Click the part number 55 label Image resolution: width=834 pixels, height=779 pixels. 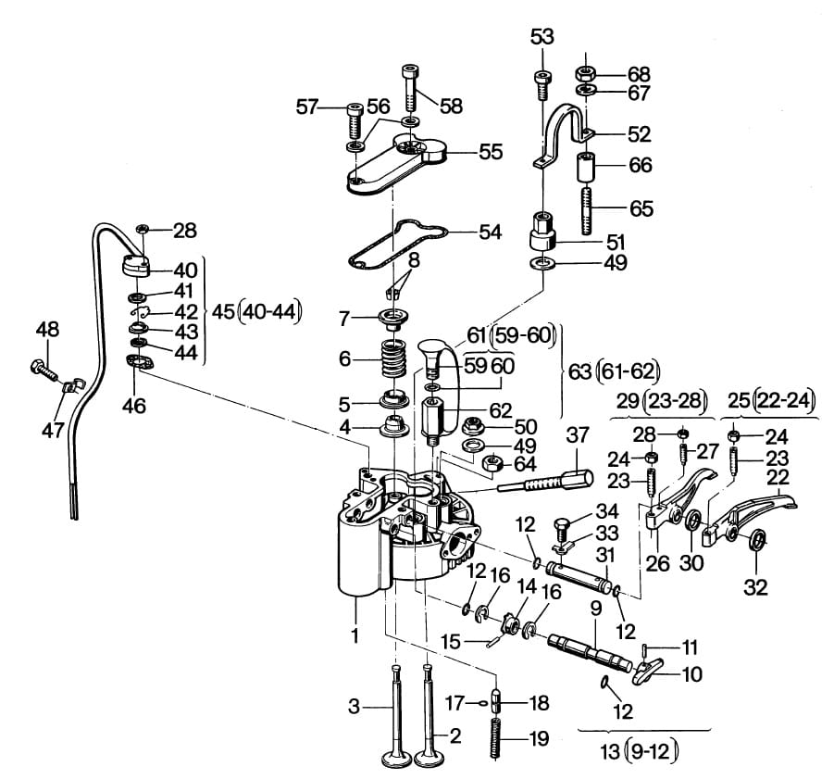tap(491, 152)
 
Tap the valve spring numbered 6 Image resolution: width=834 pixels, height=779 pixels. tap(394, 359)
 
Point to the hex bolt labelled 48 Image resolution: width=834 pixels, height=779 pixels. tap(44, 371)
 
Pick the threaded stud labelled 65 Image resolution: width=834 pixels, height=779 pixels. tap(587, 209)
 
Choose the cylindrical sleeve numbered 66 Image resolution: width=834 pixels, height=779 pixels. tap(587, 167)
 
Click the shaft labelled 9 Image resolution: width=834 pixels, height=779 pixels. tap(590, 650)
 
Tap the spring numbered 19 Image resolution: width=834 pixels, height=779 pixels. tap(497, 738)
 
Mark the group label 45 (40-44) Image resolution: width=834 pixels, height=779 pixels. tap(256, 312)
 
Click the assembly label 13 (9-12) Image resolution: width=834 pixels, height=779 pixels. tap(639, 752)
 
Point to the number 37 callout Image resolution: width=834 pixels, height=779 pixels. tap(577, 434)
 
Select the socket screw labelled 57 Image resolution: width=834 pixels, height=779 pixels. tap(355, 119)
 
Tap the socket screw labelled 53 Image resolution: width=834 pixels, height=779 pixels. tap(541, 84)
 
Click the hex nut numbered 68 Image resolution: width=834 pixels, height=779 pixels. tap(585, 71)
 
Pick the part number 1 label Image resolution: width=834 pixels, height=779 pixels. tap(355, 635)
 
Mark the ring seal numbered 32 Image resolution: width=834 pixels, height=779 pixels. tap(757, 541)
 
